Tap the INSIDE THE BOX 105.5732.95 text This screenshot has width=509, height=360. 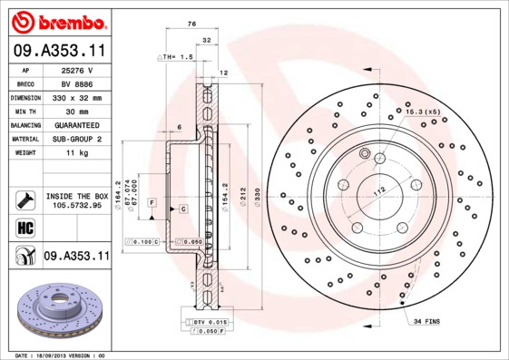point(76,201)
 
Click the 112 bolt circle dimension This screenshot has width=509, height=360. point(378,190)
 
